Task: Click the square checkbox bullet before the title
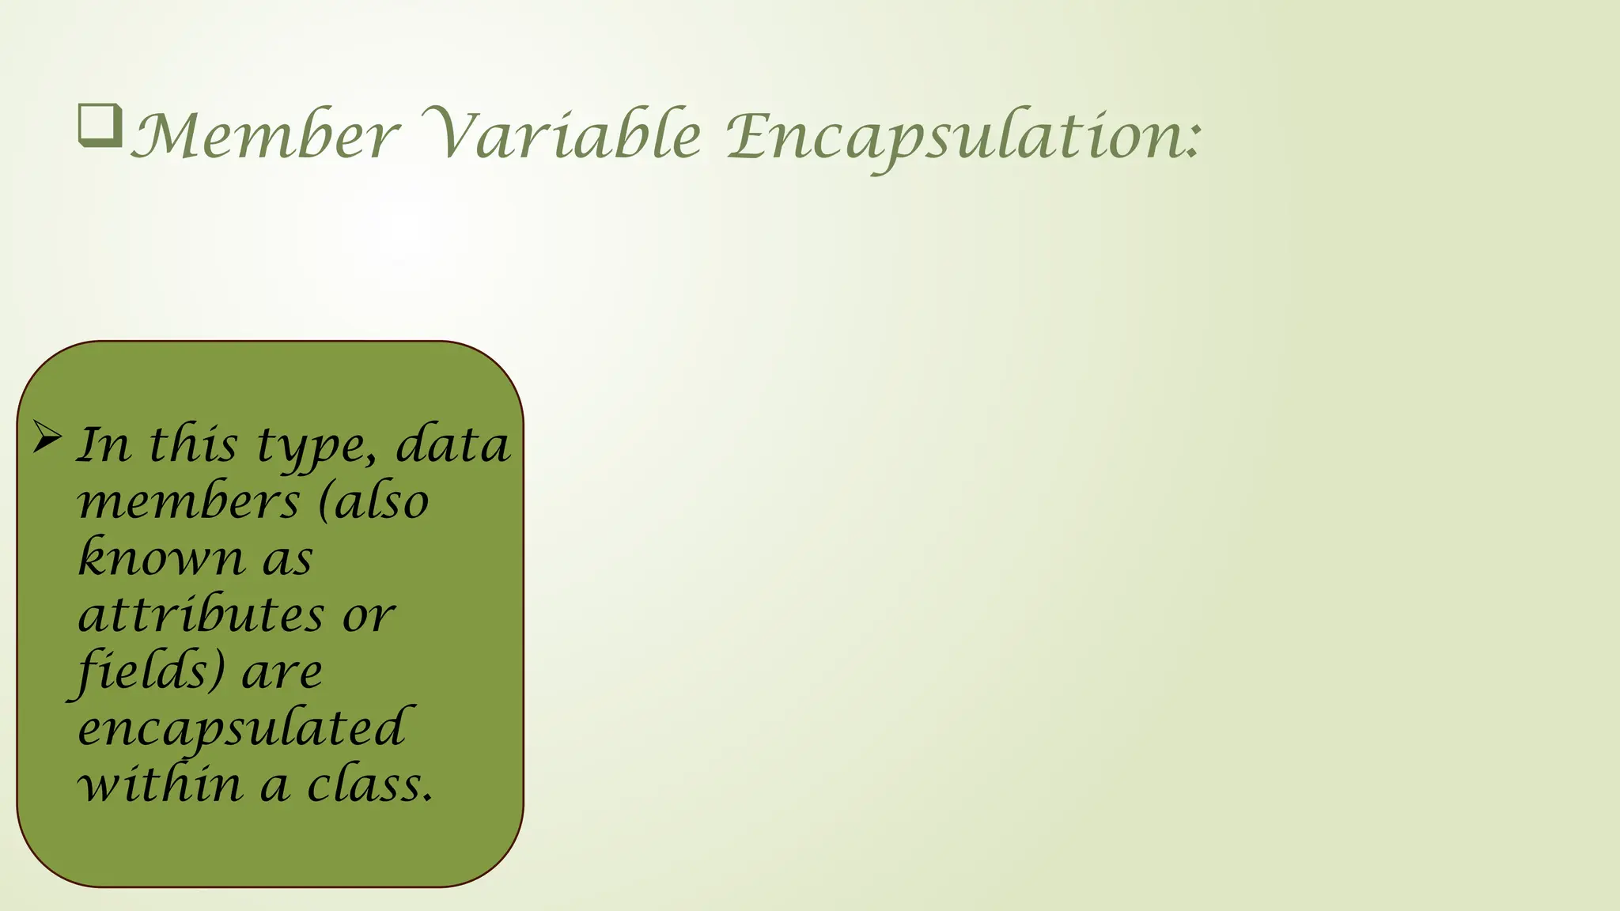(100, 126)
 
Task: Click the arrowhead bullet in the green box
(47, 437)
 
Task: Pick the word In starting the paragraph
(104, 444)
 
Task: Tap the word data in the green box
(452, 444)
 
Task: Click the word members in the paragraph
(189, 502)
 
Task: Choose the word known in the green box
(162, 557)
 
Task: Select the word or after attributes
(368, 615)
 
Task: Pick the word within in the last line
(160, 784)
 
